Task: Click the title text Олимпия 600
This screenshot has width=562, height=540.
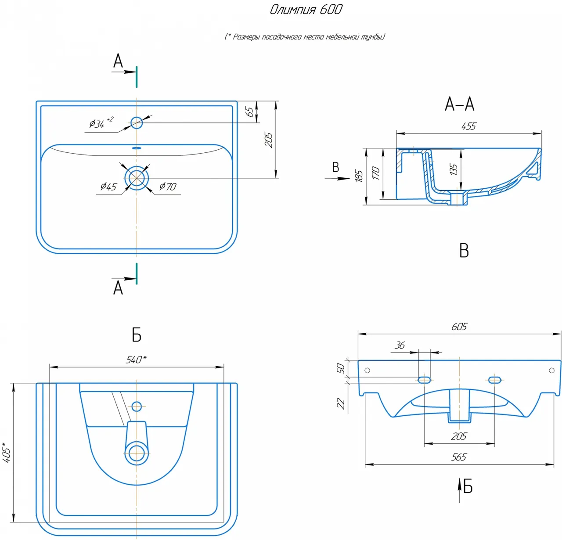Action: click(x=306, y=10)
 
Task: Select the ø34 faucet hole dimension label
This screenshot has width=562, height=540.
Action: click(x=97, y=124)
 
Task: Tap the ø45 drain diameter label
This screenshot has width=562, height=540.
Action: click(x=108, y=187)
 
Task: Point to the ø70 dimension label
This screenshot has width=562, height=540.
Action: click(x=168, y=187)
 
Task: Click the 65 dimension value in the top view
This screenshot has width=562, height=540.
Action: click(x=250, y=112)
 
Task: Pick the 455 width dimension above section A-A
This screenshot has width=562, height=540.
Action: click(x=468, y=126)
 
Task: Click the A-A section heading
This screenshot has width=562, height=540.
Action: click(x=459, y=104)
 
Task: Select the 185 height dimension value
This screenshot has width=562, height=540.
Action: click(x=359, y=176)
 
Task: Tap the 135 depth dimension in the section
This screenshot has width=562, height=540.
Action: click(x=454, y=169)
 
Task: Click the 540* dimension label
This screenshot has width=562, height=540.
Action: click(x=136, y=360)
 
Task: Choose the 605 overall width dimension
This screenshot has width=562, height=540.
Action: click(x=459, y=327)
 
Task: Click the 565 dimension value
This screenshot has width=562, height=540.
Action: click(x=459, y=457)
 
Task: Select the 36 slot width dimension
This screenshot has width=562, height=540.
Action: click(x=400, y=346)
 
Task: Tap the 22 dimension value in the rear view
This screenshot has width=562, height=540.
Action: click(x=341, y=403)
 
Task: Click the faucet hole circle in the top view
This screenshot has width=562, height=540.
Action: click(x=137, y=122)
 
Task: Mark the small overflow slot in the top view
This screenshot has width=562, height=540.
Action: click(x=137, y=148)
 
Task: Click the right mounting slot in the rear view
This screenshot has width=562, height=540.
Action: click(x=495, y=380)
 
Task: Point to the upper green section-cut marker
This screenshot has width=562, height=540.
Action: click(x=137, y=76)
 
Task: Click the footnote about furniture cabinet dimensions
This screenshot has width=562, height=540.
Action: click(x=305, y=37)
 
